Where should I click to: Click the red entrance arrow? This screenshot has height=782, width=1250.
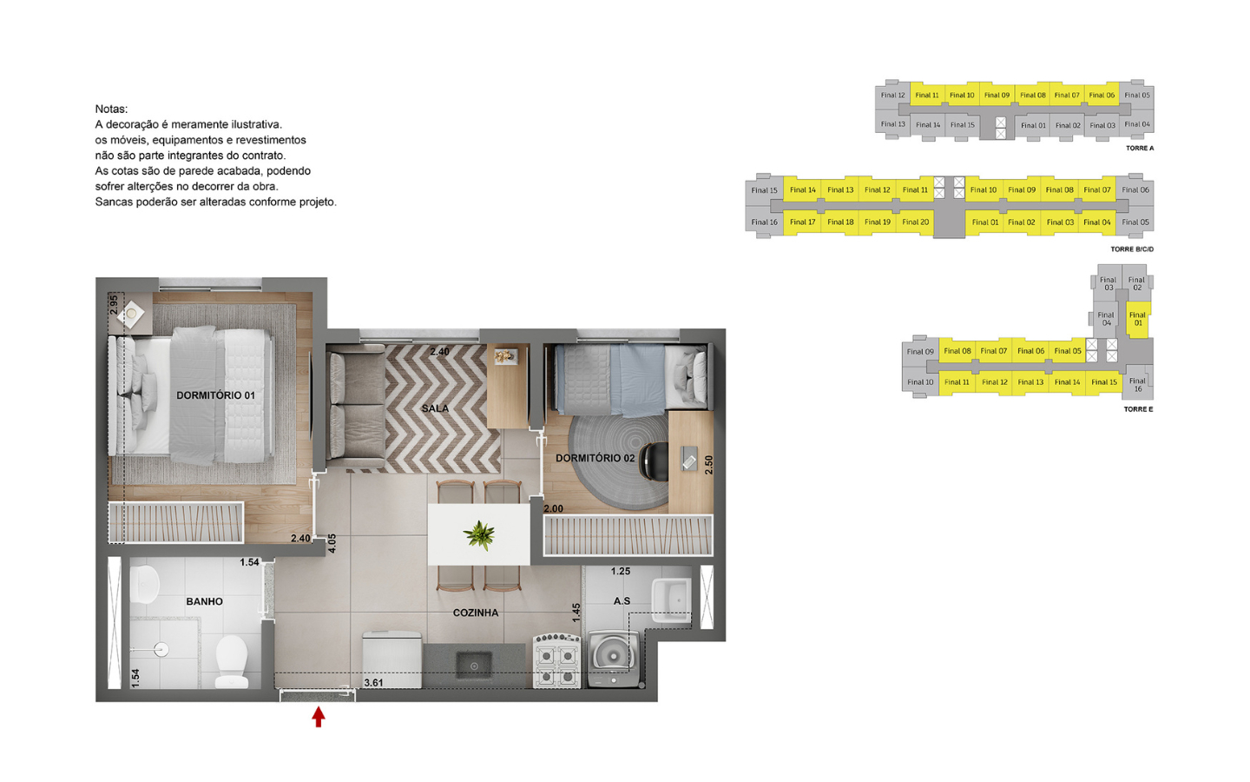point(318,717)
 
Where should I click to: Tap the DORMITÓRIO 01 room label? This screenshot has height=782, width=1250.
point(215,395)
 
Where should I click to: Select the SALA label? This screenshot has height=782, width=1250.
point(435,408)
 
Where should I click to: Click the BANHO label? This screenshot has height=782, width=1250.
point(204,601)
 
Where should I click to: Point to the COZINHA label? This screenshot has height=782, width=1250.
point(476,613)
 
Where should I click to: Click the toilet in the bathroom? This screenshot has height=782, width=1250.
point(232,661)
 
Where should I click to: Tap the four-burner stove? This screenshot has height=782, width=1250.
point(557,659)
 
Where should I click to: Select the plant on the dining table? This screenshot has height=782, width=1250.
point(479,535)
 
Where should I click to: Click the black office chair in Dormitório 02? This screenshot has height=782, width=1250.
point(654,461)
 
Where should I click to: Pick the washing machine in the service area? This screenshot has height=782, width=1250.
point(614,659)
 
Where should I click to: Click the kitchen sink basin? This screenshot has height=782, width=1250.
point(474,666)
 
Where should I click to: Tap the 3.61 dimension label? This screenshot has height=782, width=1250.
point(373,683)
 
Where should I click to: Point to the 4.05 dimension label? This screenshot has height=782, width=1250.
point(332,544)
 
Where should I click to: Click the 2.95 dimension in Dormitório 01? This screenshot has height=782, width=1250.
point(114,305)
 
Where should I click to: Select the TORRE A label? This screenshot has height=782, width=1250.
point(1140,148)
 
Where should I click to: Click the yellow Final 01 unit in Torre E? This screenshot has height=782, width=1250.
point(1138,319)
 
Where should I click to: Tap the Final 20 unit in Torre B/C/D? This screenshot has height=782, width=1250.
point(915,222)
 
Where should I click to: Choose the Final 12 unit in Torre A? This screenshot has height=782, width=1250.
point(892,95)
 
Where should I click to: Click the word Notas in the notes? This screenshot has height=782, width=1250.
point(111,109)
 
